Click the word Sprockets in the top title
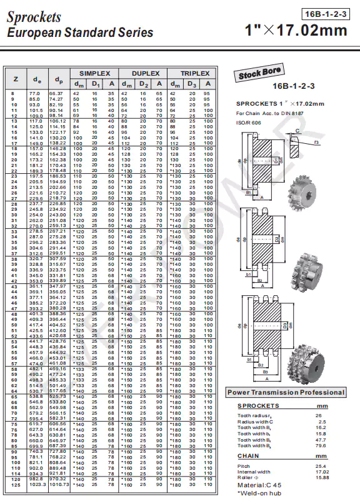[x=34, y=17]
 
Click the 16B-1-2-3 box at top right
[x=326, y=13]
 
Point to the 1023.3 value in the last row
[x=38, y=484]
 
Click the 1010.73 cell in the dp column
[x=58, y=484]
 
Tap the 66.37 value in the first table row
[x=56, y=93]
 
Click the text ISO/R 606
[x=248, y=122]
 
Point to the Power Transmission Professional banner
[x=286, y=392]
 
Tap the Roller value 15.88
[x=322, y=477]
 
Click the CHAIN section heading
[x=249, y=456]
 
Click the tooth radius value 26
[x=318, y=416]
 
